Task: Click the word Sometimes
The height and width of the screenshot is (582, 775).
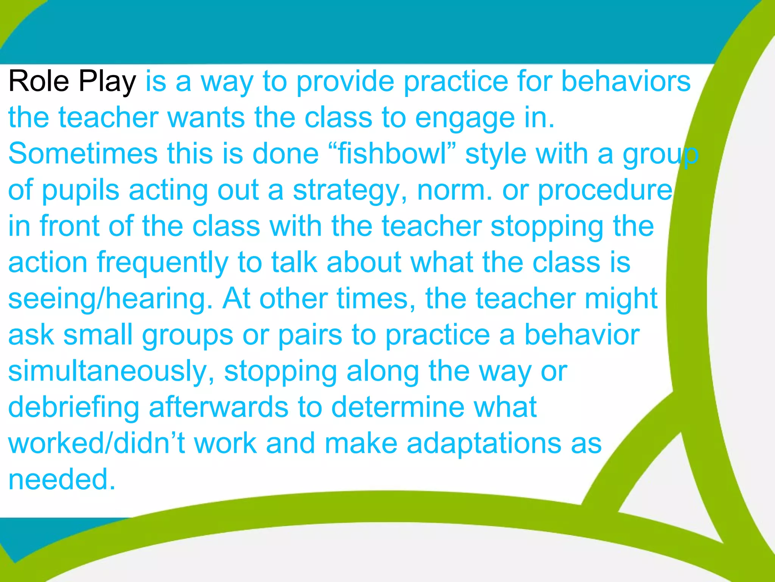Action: pyautogui.click(x=83, y=154)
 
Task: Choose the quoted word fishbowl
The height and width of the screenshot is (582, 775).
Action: pyautogui.click(x=392, y=154)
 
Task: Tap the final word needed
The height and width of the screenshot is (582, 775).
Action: pyautogui.click(x=62, y=480)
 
